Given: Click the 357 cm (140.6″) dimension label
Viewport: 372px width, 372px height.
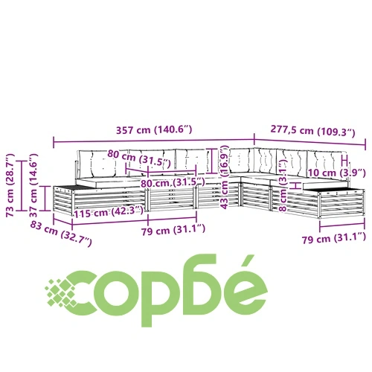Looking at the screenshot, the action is pyautogui.click(x=154, y=130).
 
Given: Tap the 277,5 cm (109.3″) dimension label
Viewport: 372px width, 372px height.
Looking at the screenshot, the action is pyautogui.click(x=312, y=131).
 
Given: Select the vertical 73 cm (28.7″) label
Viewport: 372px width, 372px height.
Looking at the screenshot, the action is pyautogui.click(x=10, y=185).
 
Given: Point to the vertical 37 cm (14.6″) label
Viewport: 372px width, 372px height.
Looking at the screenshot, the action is pyautogui.click(x=33, y=185).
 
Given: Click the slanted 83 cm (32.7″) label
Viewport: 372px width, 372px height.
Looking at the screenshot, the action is pyautogui.click(x=61, y=234).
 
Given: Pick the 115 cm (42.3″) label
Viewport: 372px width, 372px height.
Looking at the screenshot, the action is pyautogui.click(x=109, y=212).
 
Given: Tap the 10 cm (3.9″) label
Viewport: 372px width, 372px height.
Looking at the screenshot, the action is pyautogui.click(x=336, y=173).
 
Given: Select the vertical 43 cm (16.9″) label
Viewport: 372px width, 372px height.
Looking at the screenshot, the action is pyautogui.click(x=224, y=178).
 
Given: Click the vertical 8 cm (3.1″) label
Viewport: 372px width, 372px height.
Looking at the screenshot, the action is pyautogui.click(x=283, y=185).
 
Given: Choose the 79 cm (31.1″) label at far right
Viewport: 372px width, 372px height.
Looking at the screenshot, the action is pyautogui.click(x=334, y=238).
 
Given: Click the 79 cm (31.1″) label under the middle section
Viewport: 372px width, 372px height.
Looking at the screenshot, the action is pyautogui.click(x=173, y=230).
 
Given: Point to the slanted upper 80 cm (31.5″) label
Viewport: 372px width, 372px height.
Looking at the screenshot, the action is pyautogui.click(x=139, y=158).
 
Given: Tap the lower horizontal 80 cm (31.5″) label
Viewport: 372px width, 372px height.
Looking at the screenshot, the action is pyautogui.click(x=173, y=183).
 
